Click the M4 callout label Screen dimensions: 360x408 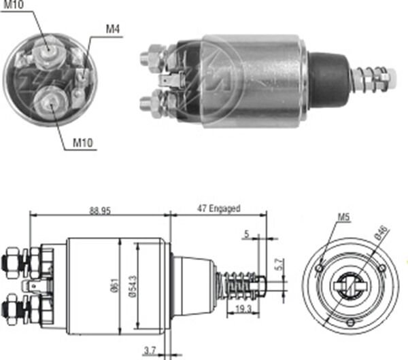click(113, 29)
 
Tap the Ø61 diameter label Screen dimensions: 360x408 click(114, 286)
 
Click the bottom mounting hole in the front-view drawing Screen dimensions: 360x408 click(350, 321)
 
